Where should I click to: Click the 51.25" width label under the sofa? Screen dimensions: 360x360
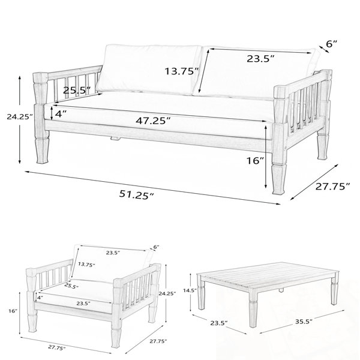(136, 195)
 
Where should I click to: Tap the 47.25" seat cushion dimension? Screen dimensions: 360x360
(153, 121)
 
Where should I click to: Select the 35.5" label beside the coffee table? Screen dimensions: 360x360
(304, 321)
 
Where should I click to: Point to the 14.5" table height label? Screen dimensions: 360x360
(190, 290)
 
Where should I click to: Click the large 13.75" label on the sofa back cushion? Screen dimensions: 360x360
(182, 71)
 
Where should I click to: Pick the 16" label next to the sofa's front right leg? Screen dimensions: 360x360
(256, 160)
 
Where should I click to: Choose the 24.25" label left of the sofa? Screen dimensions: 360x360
(20, 117)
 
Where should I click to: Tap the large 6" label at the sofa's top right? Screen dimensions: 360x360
(332, 44)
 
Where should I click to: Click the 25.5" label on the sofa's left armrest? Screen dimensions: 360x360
(77, 90)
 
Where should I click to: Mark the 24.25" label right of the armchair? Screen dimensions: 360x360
(167, 293)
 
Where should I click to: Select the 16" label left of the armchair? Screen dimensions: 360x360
(13, 311)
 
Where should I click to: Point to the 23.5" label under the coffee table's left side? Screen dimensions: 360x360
(219, 323)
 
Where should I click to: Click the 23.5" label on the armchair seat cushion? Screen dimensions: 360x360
(83, 304)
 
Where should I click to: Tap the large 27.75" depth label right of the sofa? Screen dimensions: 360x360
(332, 187)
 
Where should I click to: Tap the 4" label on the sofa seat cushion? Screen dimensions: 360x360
(61, 113)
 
